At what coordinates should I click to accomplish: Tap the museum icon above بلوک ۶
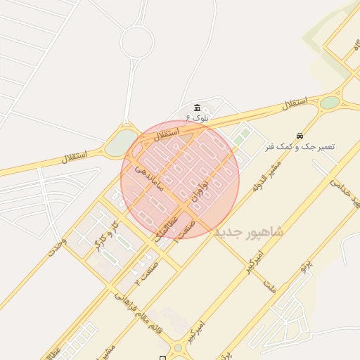coord(197,108)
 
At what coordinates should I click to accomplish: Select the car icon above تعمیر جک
coord(300,136)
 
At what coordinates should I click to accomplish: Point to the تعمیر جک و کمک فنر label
coord(300,147)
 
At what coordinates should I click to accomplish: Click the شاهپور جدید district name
coord(249,231)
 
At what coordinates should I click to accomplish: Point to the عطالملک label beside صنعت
coord(166,229)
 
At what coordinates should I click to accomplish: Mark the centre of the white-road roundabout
coord(136,43)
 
